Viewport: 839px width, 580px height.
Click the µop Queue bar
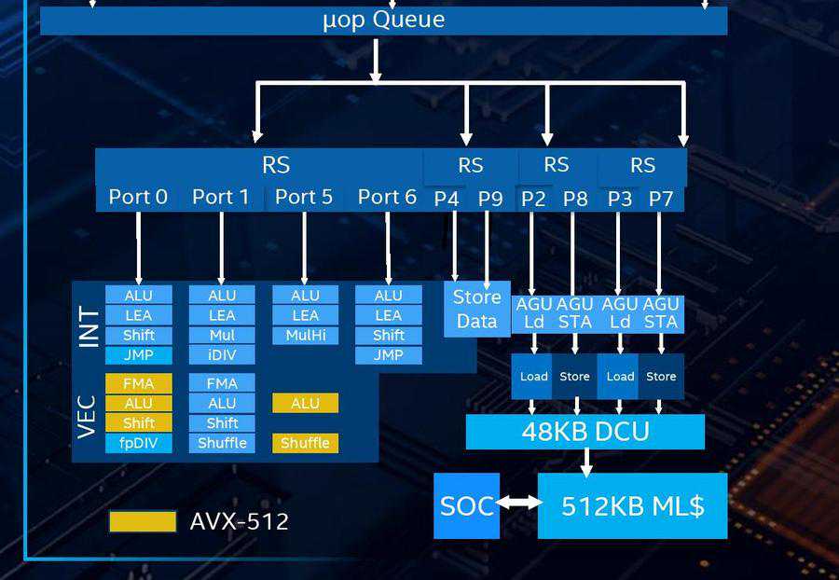[383, 21]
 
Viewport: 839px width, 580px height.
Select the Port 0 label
[138, 197]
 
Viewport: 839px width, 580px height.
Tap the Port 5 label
[304, 197]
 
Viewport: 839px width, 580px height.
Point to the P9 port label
[490, 199]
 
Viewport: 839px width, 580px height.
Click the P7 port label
[661, 199]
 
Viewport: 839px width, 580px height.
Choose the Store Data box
[476, 310]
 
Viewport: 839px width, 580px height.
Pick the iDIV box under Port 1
[222, 355]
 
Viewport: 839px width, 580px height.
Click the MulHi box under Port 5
[305, 335]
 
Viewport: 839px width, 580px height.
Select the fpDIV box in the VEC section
[138, 443]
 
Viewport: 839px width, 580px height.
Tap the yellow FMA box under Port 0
[138, 383]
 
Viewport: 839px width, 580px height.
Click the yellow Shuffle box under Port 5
[305, 443]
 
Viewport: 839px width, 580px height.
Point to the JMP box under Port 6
[388, 355]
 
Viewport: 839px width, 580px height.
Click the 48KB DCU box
[585, 432]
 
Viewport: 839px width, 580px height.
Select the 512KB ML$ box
[632, 505]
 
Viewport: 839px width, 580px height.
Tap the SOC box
[466, 505]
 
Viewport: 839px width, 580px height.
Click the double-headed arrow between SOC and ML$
[519, 503]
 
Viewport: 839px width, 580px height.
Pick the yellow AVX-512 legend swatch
[142, 521]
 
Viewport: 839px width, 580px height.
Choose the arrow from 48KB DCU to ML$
[585, 462]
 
